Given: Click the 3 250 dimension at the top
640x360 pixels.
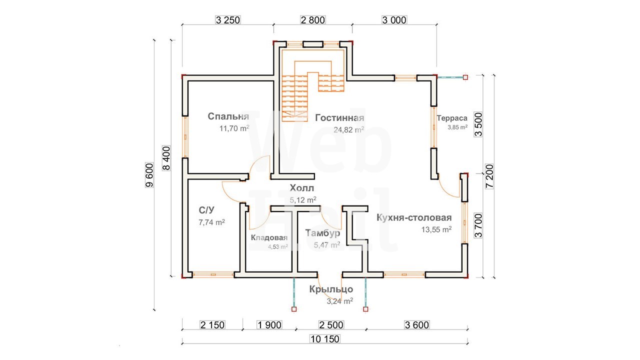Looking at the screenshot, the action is point(227,20).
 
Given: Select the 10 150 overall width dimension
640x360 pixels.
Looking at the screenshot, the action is point(325,339).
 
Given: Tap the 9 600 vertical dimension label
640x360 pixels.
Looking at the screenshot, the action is point(149,175).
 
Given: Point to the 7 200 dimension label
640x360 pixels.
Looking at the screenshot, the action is point(489,175).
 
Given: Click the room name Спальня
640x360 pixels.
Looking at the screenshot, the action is point(228,116).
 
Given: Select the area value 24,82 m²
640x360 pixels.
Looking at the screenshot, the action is point(349,129).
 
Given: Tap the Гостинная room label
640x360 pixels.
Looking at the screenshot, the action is point(339,117).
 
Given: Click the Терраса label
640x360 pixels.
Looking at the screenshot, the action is point(452,118).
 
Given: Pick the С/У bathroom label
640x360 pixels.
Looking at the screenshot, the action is point(206,210).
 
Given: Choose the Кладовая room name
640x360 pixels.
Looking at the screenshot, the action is point(269,237).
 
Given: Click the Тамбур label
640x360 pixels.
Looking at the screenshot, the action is point(322,233).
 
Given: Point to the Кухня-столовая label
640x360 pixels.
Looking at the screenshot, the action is point(414,217).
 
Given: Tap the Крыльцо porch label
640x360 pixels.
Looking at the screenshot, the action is point(331,289).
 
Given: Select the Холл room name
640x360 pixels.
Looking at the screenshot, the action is point(301,188).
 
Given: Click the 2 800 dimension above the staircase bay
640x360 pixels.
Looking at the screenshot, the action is point(313,20).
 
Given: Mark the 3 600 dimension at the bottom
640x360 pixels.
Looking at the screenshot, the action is point(417,325).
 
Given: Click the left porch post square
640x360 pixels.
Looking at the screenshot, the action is point(294,309).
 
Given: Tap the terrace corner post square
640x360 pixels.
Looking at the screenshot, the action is point(465,77).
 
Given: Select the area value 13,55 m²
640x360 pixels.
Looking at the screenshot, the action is point(436,229).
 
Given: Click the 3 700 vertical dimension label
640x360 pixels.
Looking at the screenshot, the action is point(478,225).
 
